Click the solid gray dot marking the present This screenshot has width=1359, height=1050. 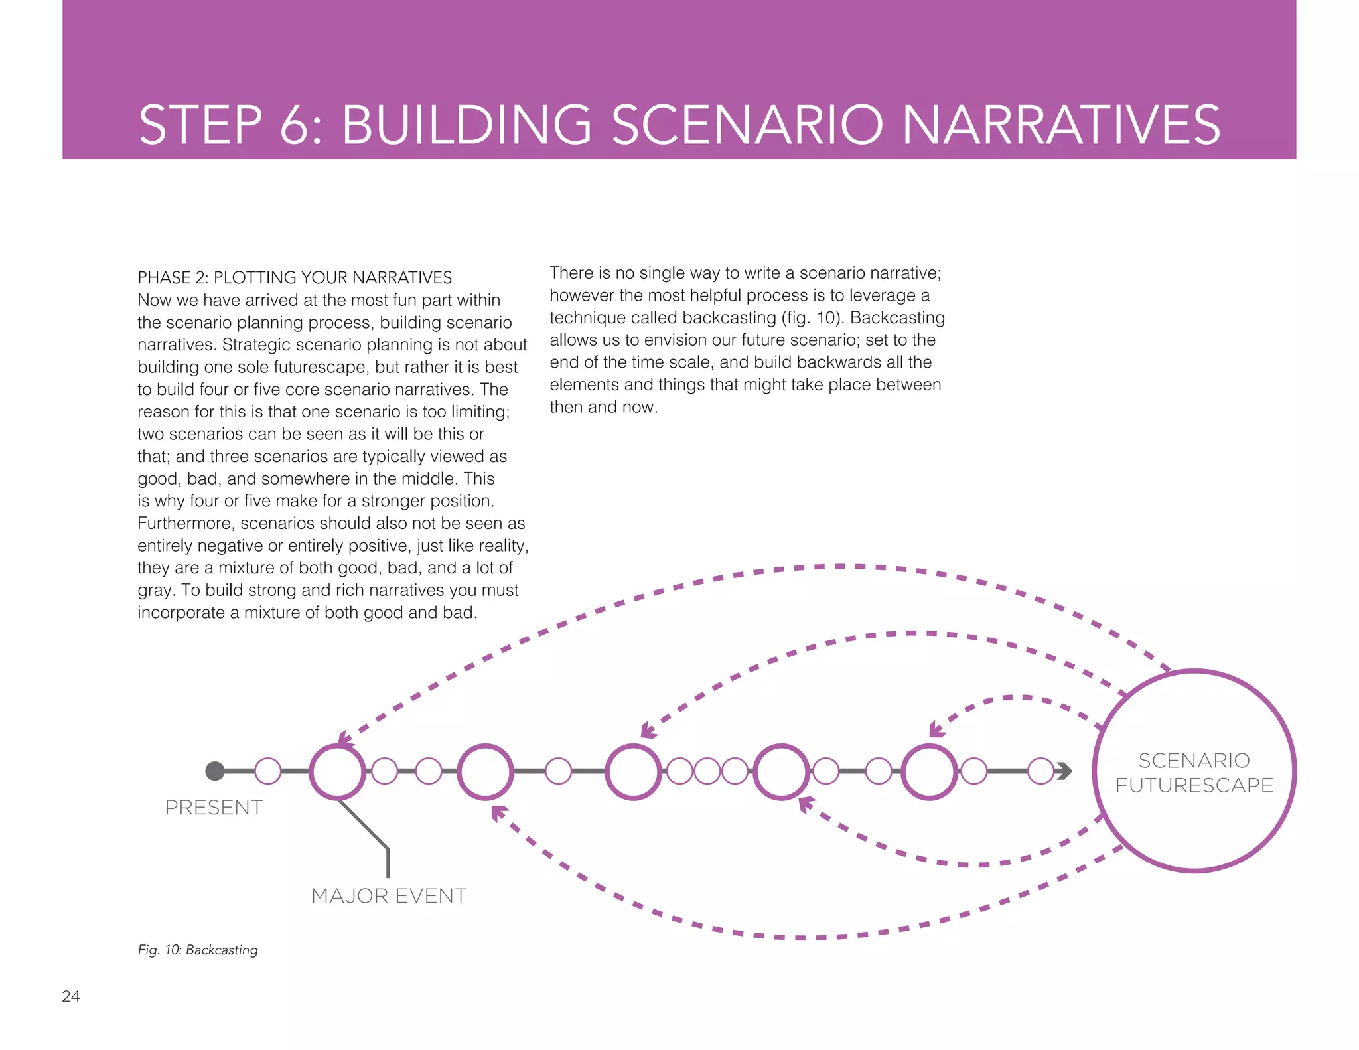click(x=214, y=771)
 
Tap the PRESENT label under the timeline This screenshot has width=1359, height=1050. click(x=214, y=807)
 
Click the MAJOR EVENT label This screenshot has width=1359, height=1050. click(x=389, y=895)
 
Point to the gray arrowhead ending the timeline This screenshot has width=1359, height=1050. click(x=1064, y=771)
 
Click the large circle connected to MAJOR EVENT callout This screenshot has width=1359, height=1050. click(x=337, y=771)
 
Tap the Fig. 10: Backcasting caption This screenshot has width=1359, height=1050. click(x=198, y=950)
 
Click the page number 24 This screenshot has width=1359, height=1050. click(x=71, y=996)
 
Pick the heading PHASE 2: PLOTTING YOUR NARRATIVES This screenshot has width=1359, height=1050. click(x=295, y=277)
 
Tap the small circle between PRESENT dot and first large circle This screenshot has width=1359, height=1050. click(x=268, y=771)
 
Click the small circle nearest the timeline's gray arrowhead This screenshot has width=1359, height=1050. click(x=1040, y=771)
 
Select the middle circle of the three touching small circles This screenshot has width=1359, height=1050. click(x=707, y=771)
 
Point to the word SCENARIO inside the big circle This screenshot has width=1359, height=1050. click(x=1194, y=760)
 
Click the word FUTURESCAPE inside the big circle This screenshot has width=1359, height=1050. click(x=1194, y=785)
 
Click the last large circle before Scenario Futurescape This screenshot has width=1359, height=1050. click(x=929, y=771)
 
